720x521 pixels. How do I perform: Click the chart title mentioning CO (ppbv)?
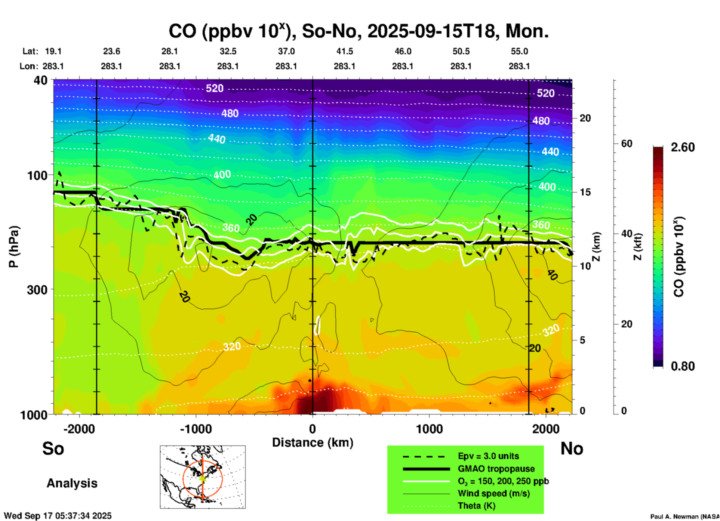(359, 31)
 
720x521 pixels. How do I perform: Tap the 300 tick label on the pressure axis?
(37, 290)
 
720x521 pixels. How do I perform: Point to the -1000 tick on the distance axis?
(196, 429)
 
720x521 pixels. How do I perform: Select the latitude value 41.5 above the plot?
(344, 51)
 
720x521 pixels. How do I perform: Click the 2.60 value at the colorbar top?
(683, 147)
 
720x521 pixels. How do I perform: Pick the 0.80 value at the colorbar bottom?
(683, 366)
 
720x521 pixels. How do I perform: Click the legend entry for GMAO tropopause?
(496, 469)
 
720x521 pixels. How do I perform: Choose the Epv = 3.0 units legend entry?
(488, 456)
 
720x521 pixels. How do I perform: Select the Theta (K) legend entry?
(477, 506)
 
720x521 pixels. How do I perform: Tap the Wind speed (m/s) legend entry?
(493, 493)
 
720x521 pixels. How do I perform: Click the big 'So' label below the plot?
(53, 448)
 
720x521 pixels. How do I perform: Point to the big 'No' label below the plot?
(572, 448)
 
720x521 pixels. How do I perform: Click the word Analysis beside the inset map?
(72, 483)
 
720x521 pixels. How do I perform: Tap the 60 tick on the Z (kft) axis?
(627, 144)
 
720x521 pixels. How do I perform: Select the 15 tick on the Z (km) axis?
(585, 192)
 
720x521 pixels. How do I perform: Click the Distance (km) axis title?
(313, 443)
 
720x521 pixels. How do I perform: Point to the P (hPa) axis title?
(13, 246)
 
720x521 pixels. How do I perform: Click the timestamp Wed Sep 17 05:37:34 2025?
(58, 516)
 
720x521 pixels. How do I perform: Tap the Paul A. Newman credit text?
(685, 517)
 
